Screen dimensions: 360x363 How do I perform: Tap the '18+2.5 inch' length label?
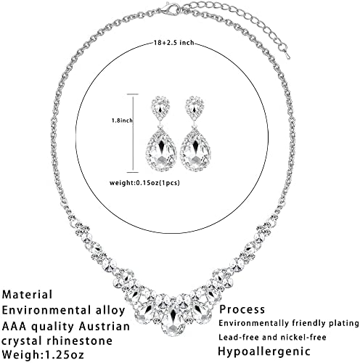point(173,43)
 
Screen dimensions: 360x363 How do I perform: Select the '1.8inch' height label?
point(122,121)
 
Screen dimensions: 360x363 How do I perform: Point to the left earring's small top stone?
point(161,108)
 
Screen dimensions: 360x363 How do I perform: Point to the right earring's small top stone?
point(195,108)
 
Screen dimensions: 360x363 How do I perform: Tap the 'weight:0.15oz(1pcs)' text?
point(144,183)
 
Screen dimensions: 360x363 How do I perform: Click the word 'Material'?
point(27,295)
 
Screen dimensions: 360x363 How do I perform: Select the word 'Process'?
point(242,309)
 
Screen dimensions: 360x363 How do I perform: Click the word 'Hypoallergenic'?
point(264,351)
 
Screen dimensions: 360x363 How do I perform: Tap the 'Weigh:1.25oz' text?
point(43,354)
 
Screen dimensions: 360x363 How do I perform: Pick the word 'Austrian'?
point(101,326)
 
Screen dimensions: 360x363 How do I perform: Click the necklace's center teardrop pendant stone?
point(173,319)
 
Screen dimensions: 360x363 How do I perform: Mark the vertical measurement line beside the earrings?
point(133,133)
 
